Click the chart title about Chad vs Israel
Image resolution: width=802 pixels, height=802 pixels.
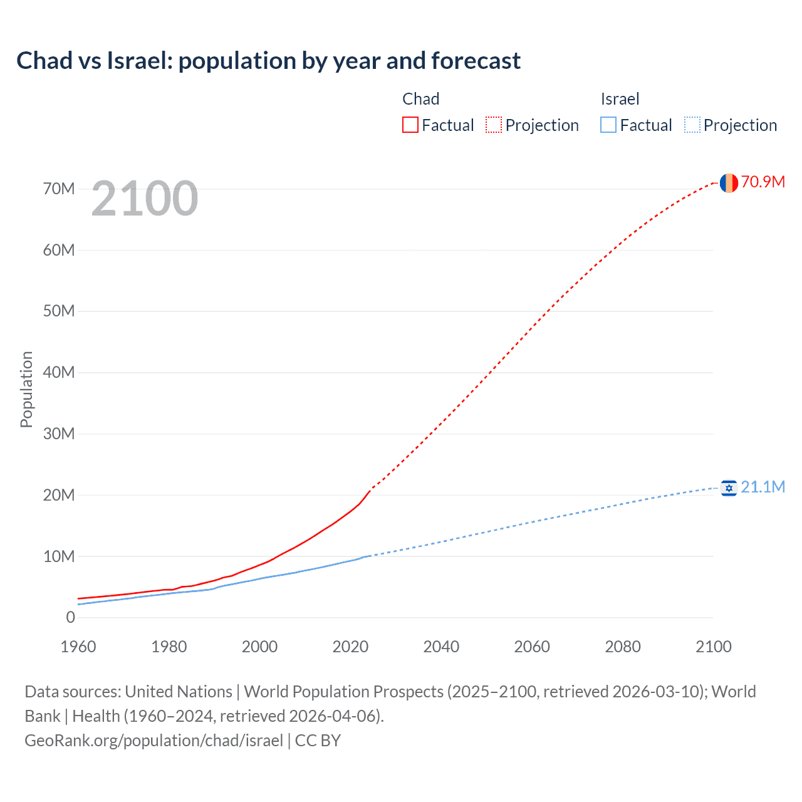(268, 61)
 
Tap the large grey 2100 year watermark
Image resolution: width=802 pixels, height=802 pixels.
(145, 199)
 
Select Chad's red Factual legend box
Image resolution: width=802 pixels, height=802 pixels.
(410, 125)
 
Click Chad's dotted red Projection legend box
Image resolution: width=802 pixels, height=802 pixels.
(493, 125)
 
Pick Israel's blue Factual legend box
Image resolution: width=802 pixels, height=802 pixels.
(608, 125)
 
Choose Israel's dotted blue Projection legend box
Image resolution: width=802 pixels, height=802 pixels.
(692, 125)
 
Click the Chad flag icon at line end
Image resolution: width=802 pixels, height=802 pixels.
(728, 183)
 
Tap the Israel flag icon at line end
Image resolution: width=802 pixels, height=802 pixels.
(728, 487)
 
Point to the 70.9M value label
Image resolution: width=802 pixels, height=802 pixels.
(763, 182)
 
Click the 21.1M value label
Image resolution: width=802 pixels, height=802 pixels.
(763, 487)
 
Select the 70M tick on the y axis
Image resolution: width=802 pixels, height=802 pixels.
(59, 189)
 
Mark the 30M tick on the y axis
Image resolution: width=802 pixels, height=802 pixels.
(59, 434)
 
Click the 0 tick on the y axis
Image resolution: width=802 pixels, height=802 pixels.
(70, 617)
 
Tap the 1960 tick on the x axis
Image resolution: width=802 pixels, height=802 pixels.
(78, 647)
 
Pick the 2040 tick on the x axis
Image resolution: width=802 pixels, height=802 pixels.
(441, 647)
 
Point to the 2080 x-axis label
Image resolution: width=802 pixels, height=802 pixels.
(623, 647)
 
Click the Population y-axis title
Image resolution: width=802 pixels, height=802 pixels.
(26, 389)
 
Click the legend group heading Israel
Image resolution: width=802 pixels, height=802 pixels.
(620, 99)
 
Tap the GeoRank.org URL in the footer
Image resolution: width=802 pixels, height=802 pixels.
(154, 740)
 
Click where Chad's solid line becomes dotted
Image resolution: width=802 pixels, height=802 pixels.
(371, 489)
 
